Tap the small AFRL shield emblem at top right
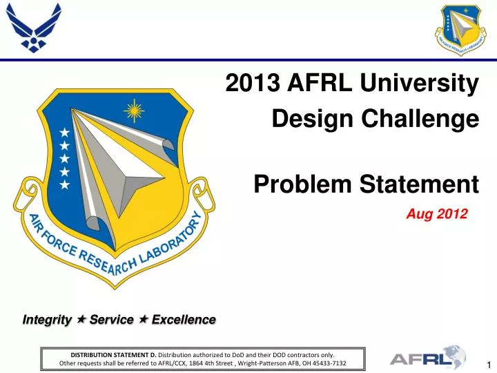[x=465, y=30]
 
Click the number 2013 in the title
[x=251, y=84]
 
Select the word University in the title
[x=421, y=84]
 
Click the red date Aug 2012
[x=437, y=215]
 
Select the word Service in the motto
[x=111, y=320]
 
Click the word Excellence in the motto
[x=183, y=320]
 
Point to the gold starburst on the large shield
[x=133, y=110]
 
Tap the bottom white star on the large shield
[x=64, y=185]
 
